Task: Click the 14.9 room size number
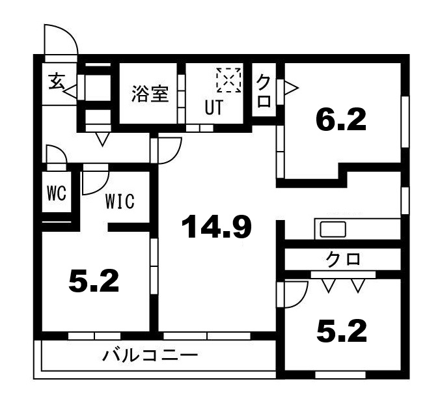(x=217, y=227)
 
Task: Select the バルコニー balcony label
(x=150, y=356)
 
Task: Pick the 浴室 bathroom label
(x=150, y=95)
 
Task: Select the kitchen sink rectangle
(x=333, y=230)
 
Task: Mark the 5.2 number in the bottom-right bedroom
(x=341, y=331)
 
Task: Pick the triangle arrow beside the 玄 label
(x=71, y=90)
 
